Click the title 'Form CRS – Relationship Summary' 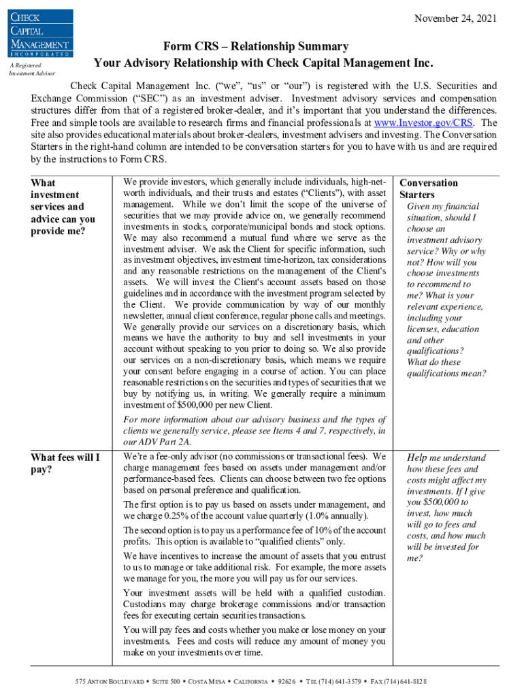point(256,46)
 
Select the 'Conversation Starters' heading point(429,189)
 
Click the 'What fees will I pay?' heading point(65,463)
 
